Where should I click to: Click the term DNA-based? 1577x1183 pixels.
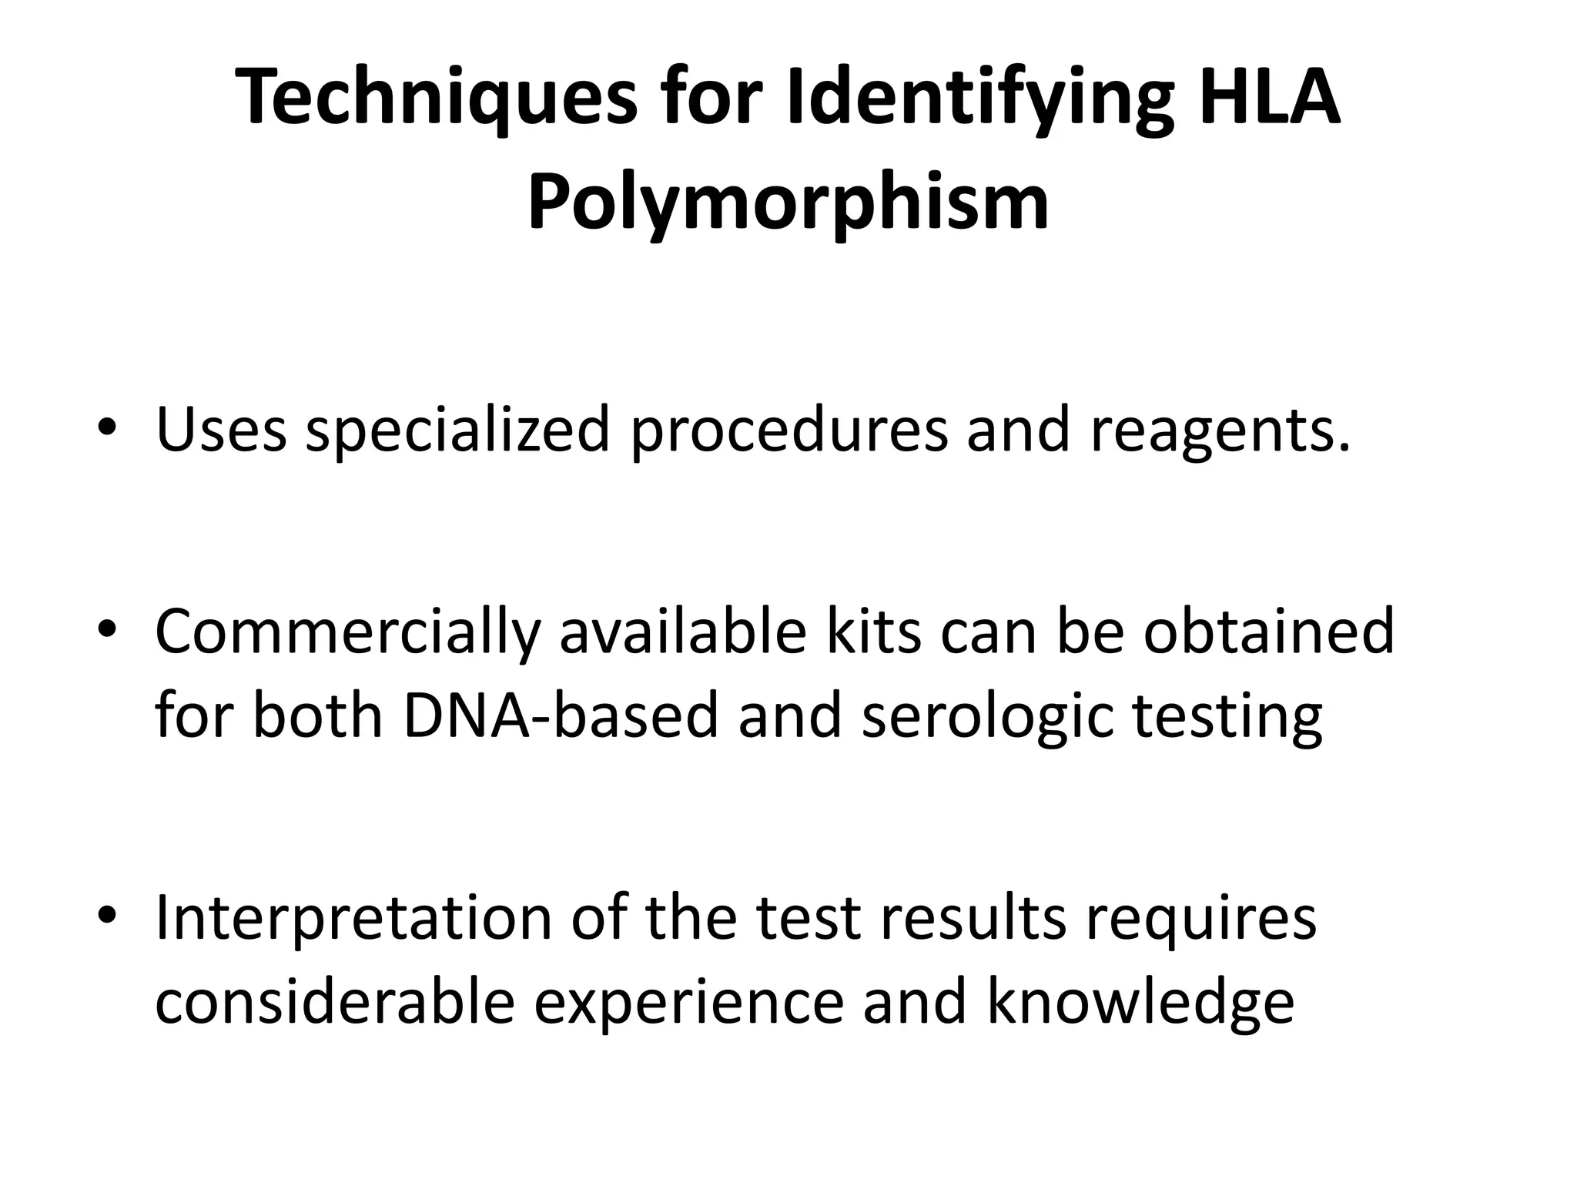click(560, 715)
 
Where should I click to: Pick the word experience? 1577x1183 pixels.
click(688, 1004)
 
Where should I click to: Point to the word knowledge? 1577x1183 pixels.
click(1140, 1003)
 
